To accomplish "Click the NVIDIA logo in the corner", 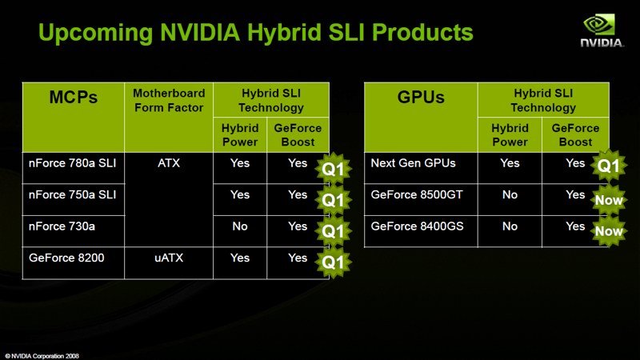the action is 602,31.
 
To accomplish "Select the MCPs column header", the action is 74,97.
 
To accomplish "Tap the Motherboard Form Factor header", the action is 169,101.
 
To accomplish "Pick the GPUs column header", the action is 421,97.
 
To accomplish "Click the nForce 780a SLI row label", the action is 72,163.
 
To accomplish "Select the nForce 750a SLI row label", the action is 72,194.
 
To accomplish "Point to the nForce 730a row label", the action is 62,226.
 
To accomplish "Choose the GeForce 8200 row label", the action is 66,258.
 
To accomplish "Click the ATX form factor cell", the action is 169,163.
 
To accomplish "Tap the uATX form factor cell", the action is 169,258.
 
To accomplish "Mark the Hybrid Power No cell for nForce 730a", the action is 240,226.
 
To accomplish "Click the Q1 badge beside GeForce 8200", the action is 333,262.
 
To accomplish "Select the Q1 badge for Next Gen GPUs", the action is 609,166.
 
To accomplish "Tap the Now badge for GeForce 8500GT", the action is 609,200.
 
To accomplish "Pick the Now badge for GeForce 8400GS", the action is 609,231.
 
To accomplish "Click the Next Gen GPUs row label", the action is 413,163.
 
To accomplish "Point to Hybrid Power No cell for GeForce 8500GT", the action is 510,194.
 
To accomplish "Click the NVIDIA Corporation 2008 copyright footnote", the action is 42,356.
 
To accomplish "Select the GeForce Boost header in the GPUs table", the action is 575,135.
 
